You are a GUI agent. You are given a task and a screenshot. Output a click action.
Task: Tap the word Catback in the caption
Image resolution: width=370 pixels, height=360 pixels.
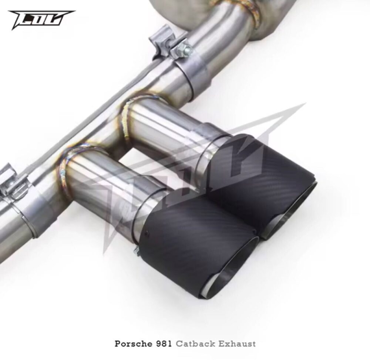click(196, 343)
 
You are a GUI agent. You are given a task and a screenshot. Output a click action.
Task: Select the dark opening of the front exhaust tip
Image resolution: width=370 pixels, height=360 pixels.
click(232, 279)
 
